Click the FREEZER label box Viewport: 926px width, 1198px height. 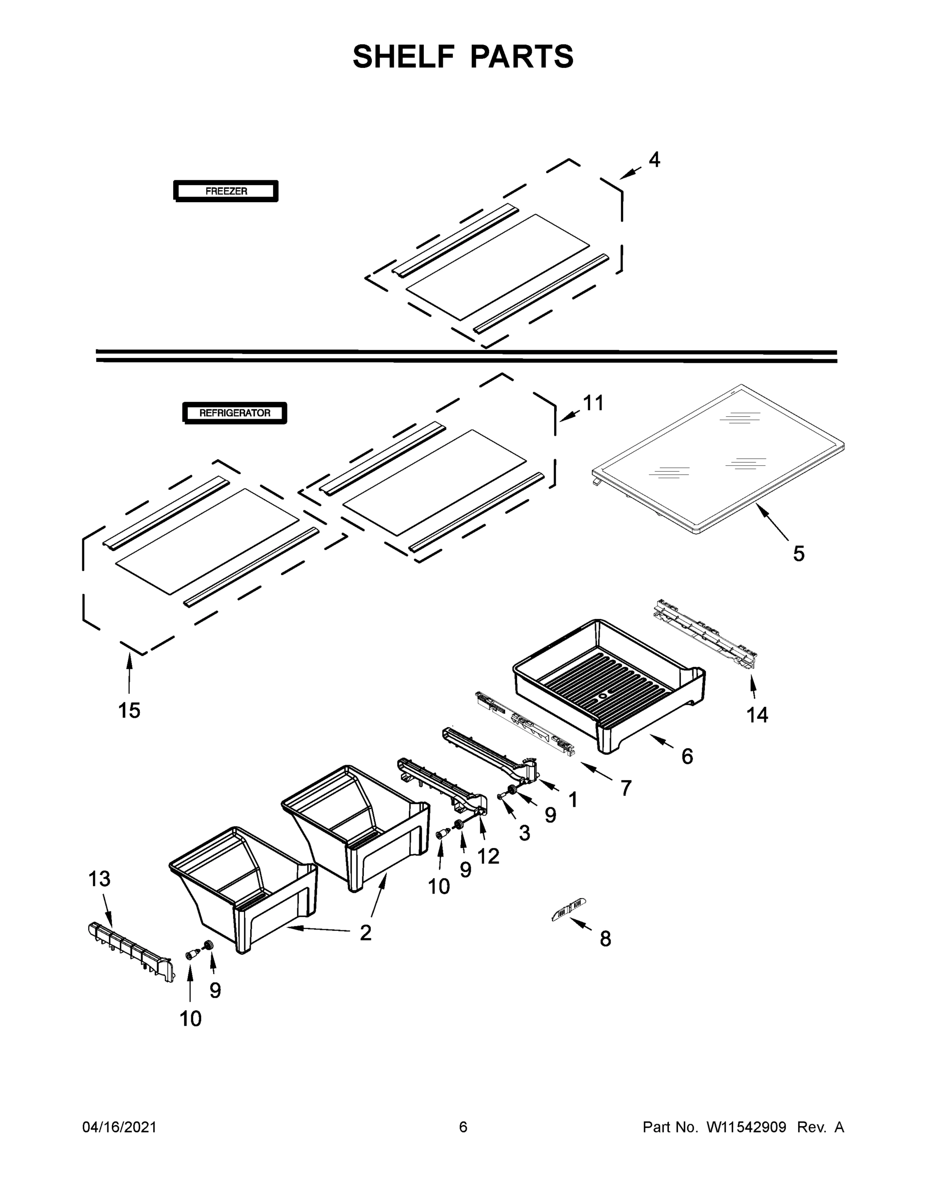[x=226, y=191]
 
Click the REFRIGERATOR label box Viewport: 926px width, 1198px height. [x=234, y=413]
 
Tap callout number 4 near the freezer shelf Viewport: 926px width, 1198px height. [x=654, y=160]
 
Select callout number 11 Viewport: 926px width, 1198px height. [x=593, y=403]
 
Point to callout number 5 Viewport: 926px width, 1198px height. [x=799, y=554]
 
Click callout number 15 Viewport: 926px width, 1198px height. [x=129, y=710]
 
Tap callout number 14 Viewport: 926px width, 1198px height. [x=757, y=714]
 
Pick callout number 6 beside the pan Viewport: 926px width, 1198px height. [x=687, y=756]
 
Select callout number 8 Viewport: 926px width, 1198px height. [x=605, y=938]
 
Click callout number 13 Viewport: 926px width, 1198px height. [x=99, y=878]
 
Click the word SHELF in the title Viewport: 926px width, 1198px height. [x=404, y=56]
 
